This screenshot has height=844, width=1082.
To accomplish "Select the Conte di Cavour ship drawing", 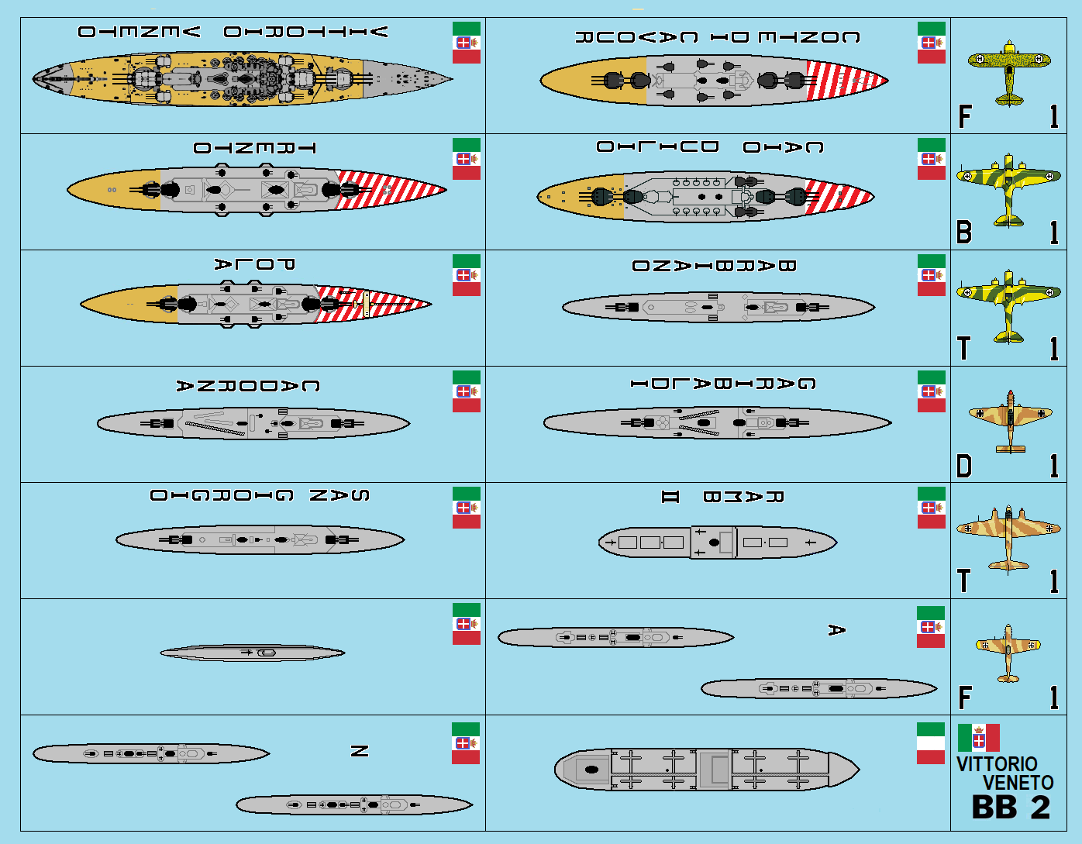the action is pyautogui.click(x=714, y=80).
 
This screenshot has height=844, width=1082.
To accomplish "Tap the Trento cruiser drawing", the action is pyautogui.click(x=257, y=190).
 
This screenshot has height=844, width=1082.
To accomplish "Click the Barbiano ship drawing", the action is pyautogui.click(x=718, y=308).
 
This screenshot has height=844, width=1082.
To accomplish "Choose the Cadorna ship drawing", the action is pyautogui.click(x=253, y=424).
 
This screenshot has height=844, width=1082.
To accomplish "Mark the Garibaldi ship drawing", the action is pyautogui.click(x=717, y=423).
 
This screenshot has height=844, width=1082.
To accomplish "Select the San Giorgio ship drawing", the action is pyautogui.click(x=260, y=539).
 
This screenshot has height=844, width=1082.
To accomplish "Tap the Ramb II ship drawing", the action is pyautogui.click(x=717, y=542).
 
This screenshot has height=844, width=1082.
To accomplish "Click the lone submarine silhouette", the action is pyautogui.click(x=253, y=653).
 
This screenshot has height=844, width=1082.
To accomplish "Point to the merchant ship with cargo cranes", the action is pyautogui.click(x=706, y=770).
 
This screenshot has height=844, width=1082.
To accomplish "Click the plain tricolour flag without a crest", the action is pyautogui.click(x=930, y=743).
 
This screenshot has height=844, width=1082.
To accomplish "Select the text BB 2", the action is pyautogui.click(x=1011, y=808).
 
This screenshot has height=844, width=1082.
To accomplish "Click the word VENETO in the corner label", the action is pyautogui.click(x=1018, y=783).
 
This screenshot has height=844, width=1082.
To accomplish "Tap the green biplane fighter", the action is pyautogui.click(x=1008, y=73).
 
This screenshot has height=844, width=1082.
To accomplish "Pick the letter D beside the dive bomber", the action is pyautogui.click(x=964, y=467).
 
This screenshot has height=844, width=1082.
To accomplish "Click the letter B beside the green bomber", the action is pyautogui.click(x=964, y=233).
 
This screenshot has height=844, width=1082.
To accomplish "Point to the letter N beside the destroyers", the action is pyautogui.click(x=359, y=751).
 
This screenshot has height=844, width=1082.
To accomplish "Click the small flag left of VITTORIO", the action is pyautogui.click(x=978, y=738).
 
